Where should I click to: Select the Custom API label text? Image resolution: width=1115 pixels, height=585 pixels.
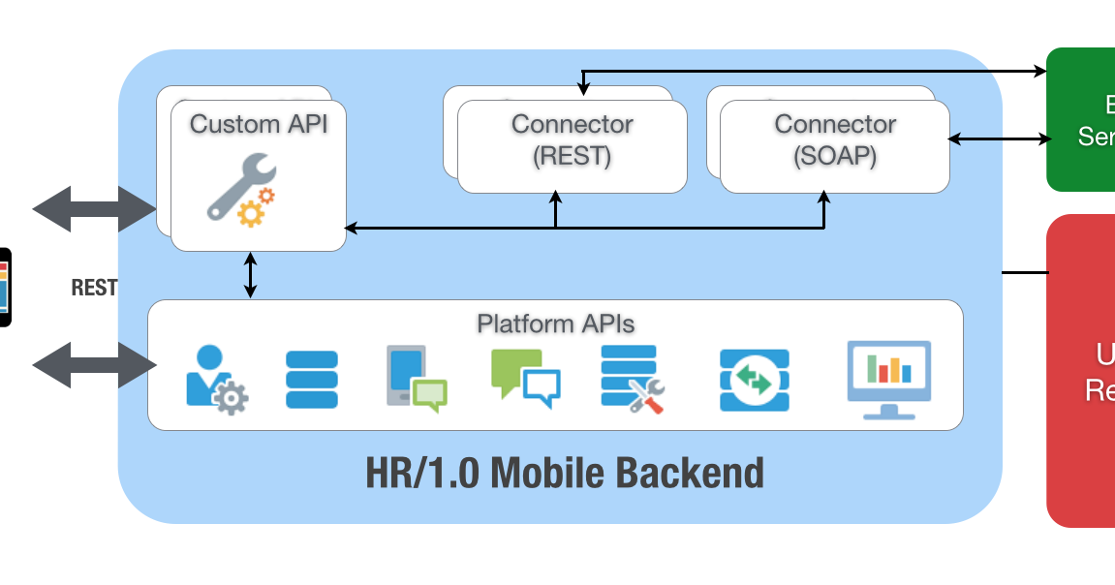259,124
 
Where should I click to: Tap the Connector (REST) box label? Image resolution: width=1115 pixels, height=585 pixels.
572,139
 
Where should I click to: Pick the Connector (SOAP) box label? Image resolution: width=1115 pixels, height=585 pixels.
835,139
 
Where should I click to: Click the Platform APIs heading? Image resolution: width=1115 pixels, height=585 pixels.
555,323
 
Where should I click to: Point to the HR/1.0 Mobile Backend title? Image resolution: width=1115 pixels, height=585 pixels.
564,474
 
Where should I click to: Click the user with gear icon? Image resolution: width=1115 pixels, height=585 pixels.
216,380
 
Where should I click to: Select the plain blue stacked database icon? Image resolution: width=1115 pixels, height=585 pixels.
312,380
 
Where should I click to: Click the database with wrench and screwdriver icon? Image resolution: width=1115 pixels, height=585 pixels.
632,379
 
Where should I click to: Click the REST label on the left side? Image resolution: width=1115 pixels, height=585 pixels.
94,288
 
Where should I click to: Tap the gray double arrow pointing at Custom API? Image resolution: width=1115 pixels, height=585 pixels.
94,208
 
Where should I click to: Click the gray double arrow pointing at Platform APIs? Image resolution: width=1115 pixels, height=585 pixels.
94,365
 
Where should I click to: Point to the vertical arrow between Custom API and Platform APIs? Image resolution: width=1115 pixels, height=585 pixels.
251,275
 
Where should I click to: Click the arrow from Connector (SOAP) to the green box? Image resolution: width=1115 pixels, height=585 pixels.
999,139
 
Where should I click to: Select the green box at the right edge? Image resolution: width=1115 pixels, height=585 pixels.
1080,119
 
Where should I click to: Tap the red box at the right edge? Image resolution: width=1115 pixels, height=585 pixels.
1080,370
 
